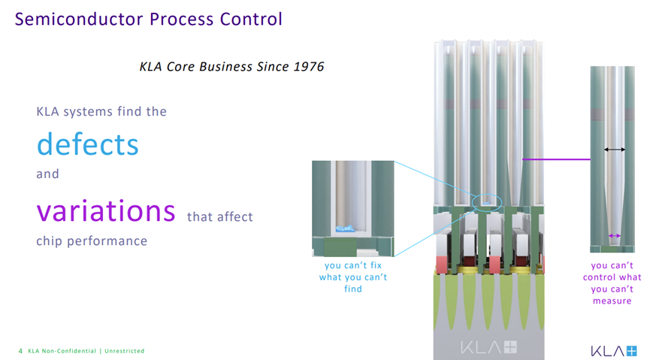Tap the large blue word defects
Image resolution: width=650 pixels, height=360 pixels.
coord(87,144)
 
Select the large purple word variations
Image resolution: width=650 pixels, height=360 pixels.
coord(106,210)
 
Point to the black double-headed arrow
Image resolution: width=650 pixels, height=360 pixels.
coord(615,150)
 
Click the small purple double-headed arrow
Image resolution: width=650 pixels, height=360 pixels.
coord(615,235)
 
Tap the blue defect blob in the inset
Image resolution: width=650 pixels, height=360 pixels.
coord(345,228)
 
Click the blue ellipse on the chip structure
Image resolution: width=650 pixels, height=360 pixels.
coord(487,203)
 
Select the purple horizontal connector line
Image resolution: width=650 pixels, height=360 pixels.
coord(556,159)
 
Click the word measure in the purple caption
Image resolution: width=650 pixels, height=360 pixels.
coord(612,301)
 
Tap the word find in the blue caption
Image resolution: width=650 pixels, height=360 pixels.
coord(352,289)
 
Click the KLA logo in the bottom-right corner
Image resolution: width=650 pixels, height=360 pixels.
coord(613,351)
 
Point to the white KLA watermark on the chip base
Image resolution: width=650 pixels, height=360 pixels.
coord(488,347)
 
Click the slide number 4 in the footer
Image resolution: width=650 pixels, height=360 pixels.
coord(20,351)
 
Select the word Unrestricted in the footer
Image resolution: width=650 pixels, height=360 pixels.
coord(124,351)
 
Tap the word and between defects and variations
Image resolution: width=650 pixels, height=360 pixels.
coord(47,174)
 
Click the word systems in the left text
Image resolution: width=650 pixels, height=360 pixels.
coord(88,112)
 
